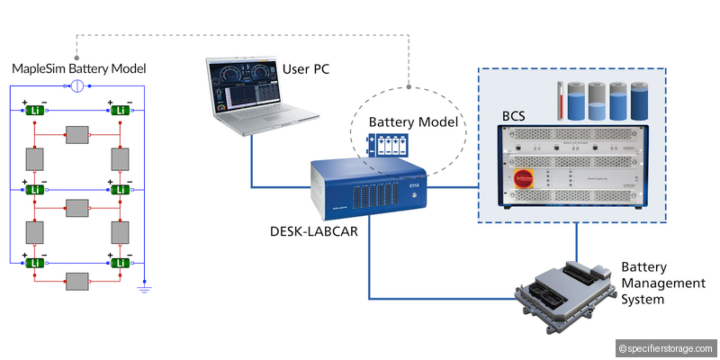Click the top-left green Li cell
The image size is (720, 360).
coord(35,110)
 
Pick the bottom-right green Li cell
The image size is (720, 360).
coord(120,262)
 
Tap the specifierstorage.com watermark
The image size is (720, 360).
coord(666,348)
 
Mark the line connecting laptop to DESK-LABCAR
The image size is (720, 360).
coord(251,162)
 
